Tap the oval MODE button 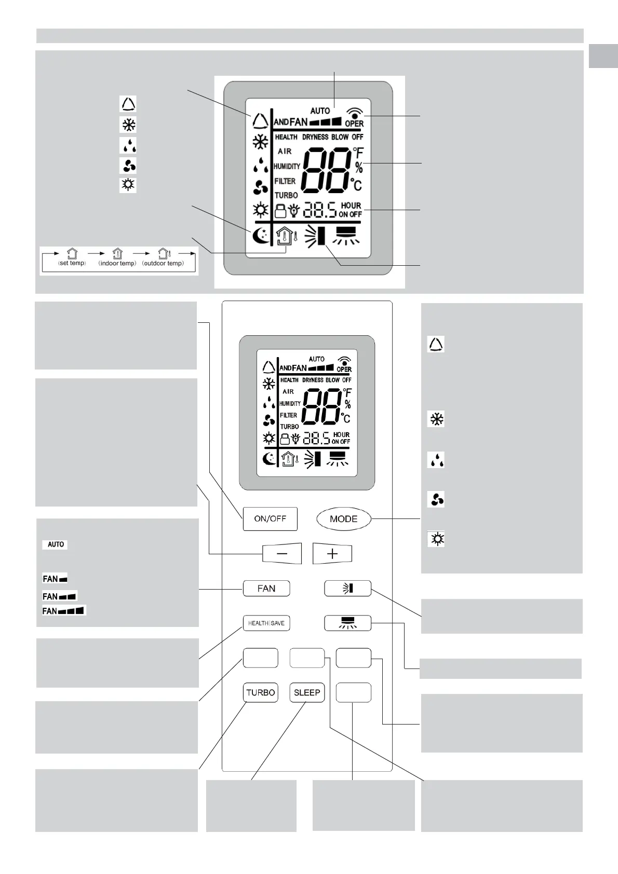343,518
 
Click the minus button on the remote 281,554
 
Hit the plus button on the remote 332,554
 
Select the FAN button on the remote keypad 266,589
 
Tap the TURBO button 261,692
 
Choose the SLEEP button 307,692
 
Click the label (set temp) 72,263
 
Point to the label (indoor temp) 117,263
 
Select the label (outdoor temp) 163,263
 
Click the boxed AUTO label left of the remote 56,544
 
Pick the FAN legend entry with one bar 55,579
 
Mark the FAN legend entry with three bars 64,611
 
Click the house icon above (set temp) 72,254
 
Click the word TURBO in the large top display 286,195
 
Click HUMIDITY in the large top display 287,167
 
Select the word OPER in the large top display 354,124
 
